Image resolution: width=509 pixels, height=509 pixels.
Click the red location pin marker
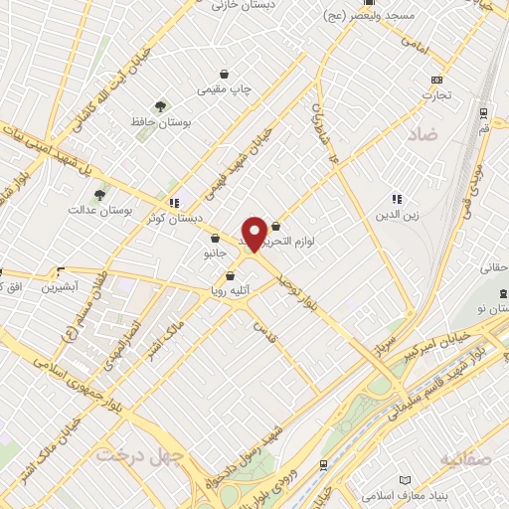(x=254, y=232)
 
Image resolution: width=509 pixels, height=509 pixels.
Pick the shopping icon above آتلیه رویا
(x=231, y=276)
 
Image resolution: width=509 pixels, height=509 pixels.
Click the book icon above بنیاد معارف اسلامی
(x=403, y=479)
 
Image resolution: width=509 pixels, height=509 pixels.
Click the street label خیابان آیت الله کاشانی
(x=110, y=90)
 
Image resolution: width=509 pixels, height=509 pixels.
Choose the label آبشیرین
(x=62, y=286)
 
